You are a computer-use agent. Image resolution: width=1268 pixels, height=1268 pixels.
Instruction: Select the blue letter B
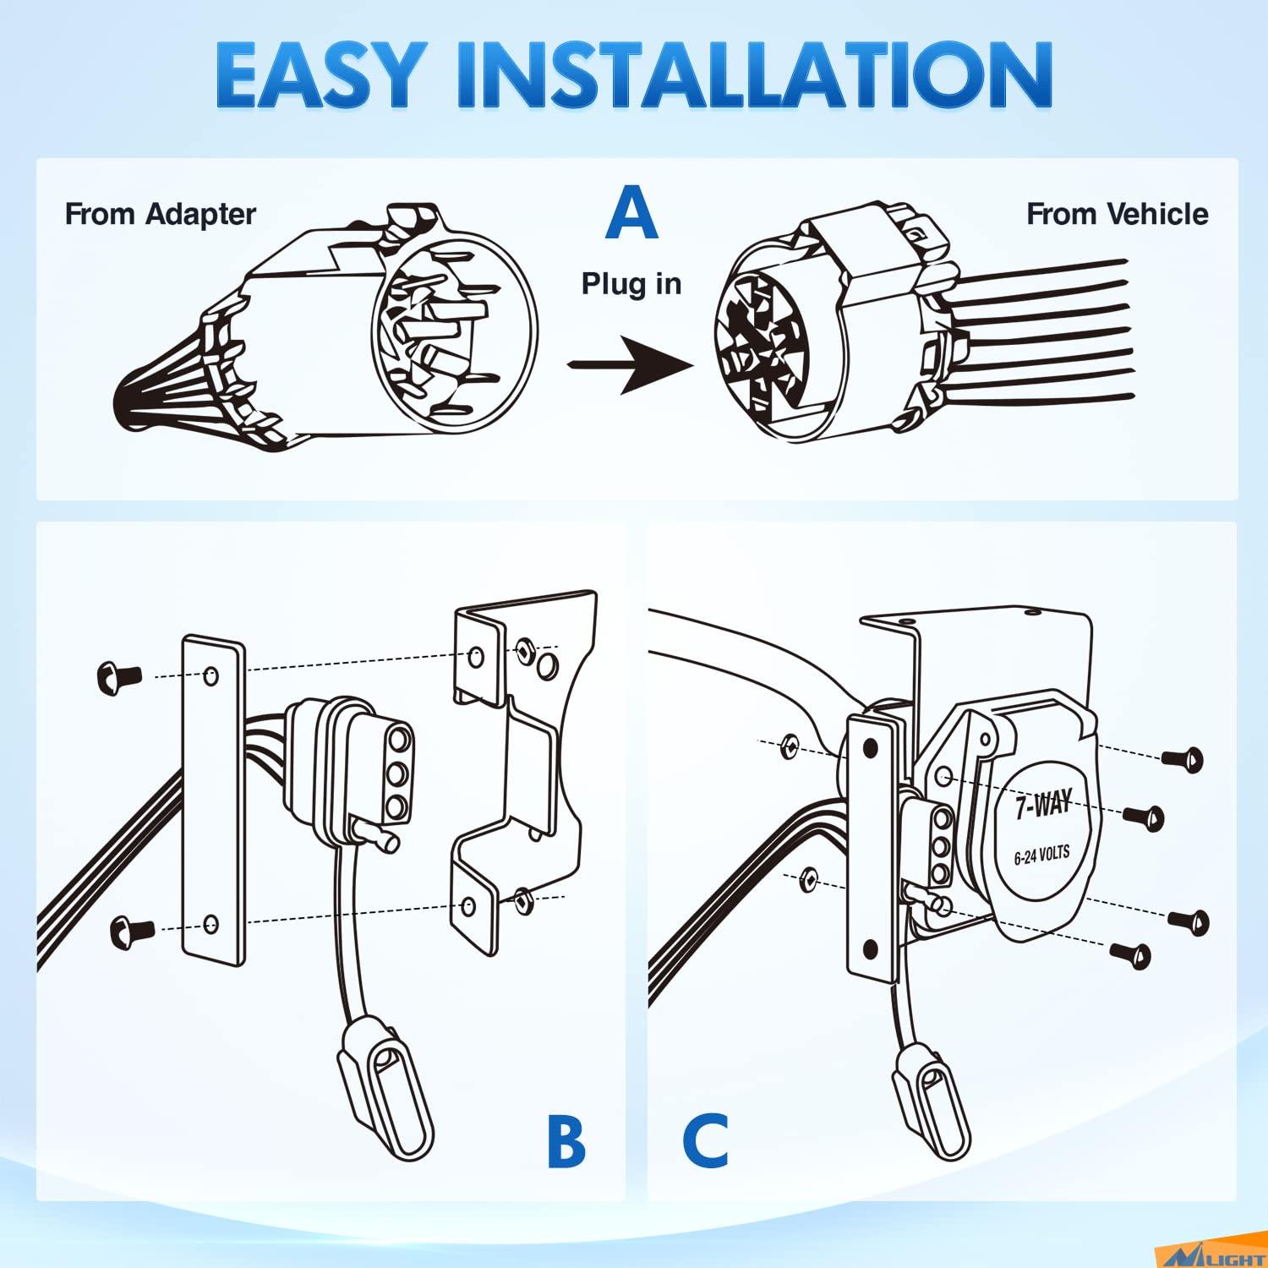[566, 1140]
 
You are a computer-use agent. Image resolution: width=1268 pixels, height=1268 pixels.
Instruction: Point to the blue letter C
[705, 1140]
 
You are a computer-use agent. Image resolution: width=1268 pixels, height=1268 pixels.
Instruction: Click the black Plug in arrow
[630, 364]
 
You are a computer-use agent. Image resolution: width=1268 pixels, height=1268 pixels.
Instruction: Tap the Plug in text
[631, 284]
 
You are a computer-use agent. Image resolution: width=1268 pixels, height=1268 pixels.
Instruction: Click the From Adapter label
[161, 214]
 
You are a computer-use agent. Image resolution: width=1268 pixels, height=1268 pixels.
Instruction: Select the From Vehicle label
[1117, 214]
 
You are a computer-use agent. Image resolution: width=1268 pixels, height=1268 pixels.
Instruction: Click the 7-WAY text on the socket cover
[1043, 804]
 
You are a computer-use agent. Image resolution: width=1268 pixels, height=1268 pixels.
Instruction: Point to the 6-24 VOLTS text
[1041, 855]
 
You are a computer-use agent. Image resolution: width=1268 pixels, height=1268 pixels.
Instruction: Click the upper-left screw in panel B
[119, 675]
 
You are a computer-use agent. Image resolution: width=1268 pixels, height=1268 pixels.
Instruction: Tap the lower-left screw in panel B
[132, 930]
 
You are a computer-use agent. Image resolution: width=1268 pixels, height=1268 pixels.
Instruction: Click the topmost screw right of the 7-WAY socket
[1183, 758]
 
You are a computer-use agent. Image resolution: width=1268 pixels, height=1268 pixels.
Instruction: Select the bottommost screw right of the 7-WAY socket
[1133, 955]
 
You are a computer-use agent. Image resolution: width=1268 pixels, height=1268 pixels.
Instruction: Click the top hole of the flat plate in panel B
[211, 675]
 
